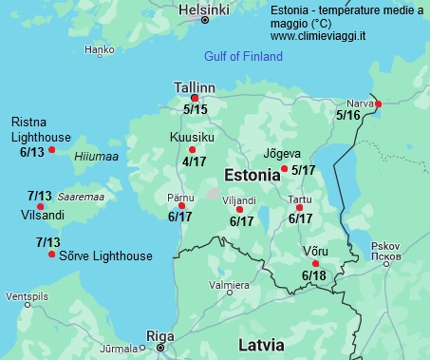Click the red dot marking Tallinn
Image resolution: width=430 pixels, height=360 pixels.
195,98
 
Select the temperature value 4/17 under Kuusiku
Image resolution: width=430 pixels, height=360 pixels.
194,162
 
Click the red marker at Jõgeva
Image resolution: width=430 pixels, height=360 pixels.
285,169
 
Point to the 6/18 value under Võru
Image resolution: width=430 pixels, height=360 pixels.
313,276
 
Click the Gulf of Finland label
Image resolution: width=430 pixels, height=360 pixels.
243,57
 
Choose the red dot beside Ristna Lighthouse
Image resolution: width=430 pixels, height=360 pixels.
52,150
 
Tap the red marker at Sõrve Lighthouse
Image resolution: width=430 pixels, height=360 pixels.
51,255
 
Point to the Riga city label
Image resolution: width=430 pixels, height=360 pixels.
159,335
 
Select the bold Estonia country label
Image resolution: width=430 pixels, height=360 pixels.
251,175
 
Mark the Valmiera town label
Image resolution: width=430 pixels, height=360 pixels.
229,285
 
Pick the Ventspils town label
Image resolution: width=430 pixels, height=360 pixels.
26,296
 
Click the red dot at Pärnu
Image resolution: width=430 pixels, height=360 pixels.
181,205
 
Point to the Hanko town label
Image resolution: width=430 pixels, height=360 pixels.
99,49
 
